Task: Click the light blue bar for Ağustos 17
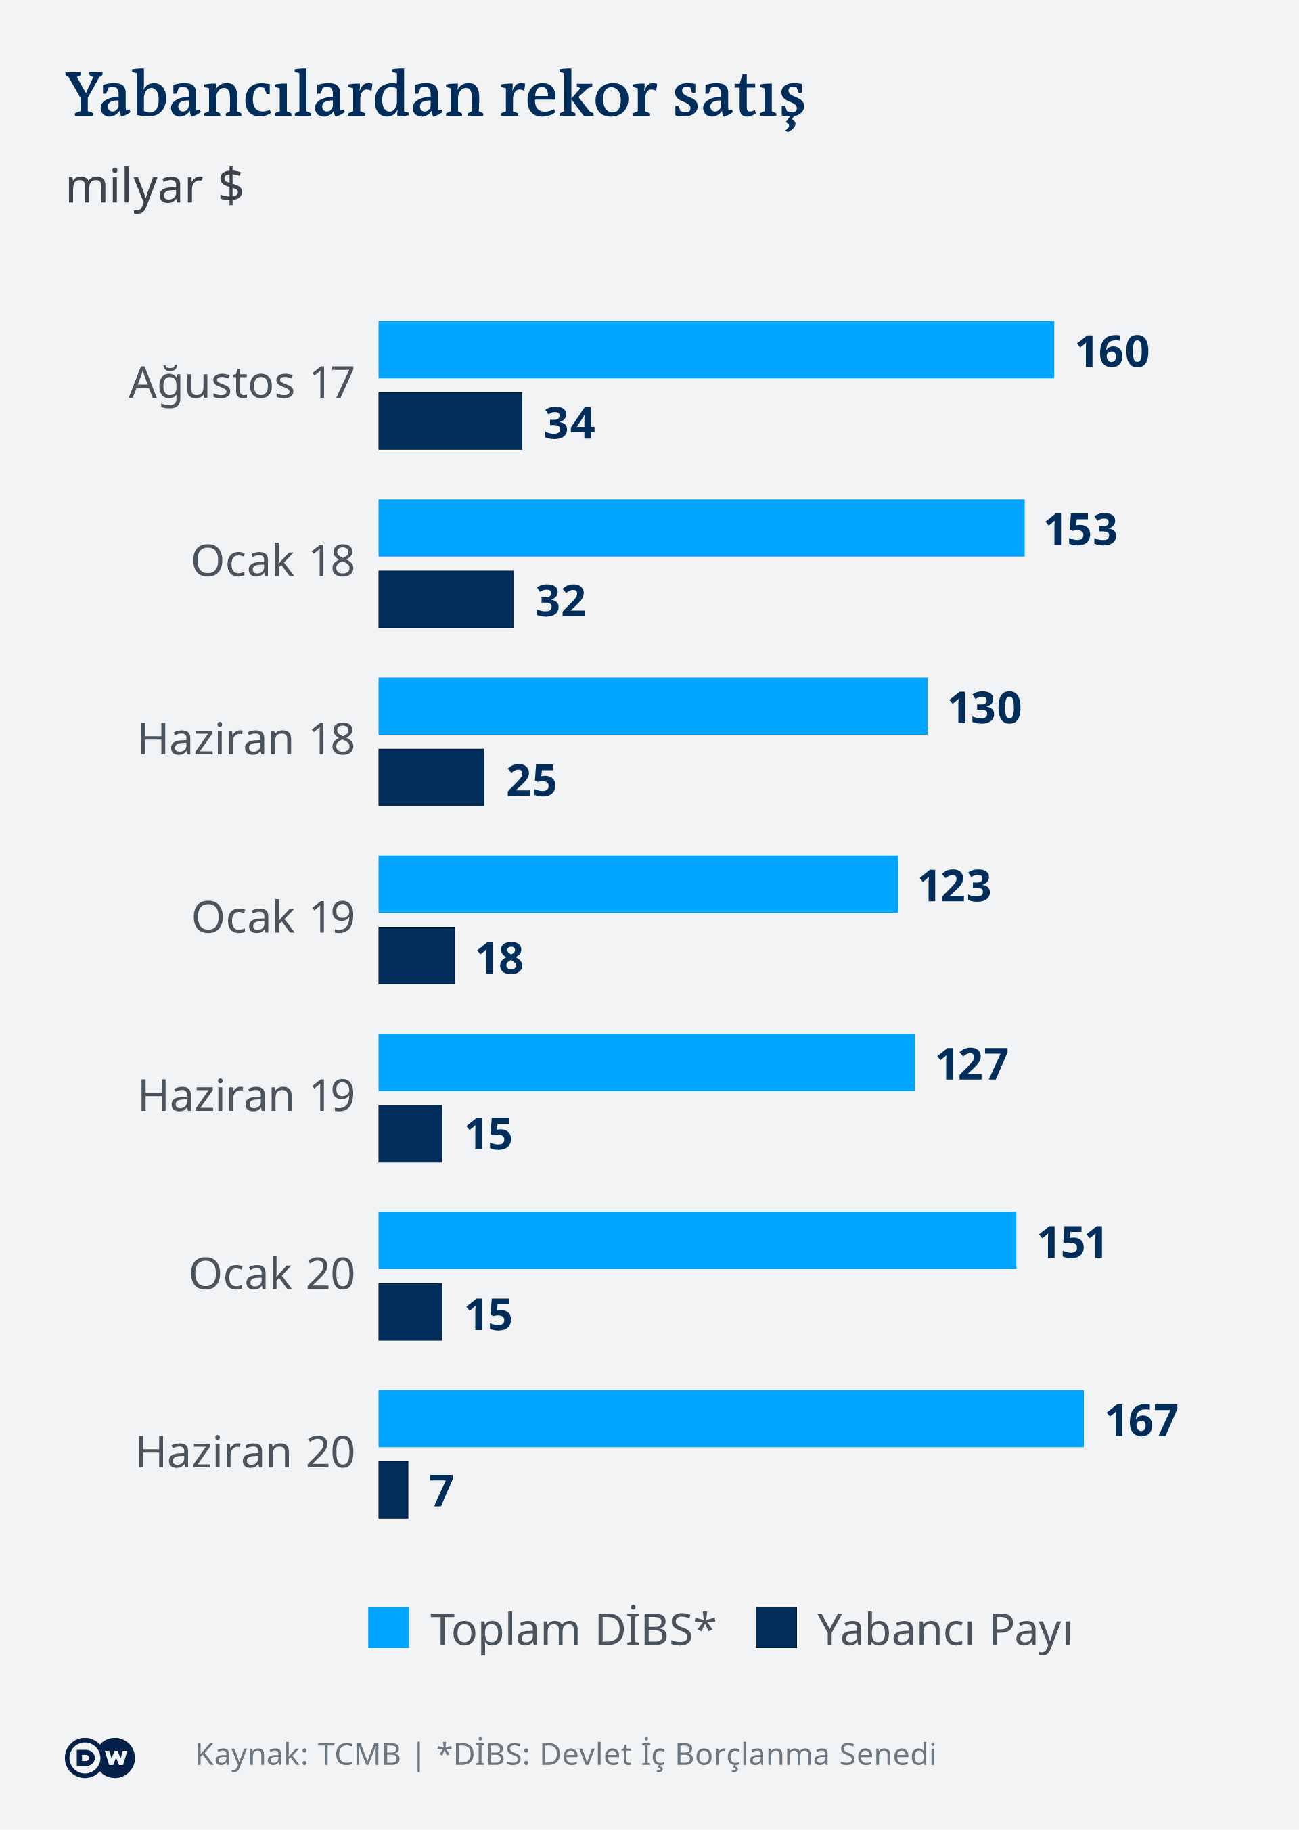[716, 350]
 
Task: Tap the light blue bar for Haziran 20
[730, 1418]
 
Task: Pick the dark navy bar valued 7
[392, 1489]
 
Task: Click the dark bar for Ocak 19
[416, 955]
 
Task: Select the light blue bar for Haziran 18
[653, 706]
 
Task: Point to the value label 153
[1080, 530]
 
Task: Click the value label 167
[1141, 1421]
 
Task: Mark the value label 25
[531, 780]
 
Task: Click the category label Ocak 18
[273, 561]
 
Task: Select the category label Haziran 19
[246, 1096]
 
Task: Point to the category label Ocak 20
[272, 1274]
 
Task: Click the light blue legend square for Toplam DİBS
[388, 1628]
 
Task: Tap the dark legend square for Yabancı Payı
[776, 1628]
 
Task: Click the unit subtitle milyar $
[154, 186]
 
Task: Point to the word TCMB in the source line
[359, 1755]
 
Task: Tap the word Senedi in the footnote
[888, 1755]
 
